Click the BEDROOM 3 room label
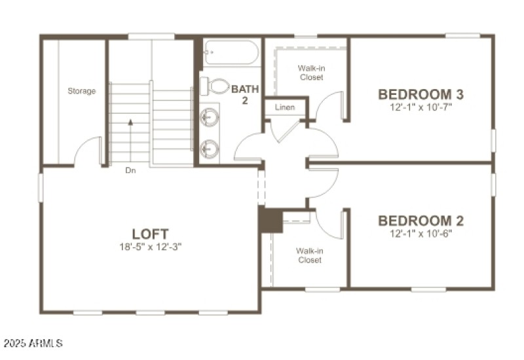tap(424, 94)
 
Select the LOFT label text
tap(150, 234)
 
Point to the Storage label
tap(82, 91)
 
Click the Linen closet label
tap(284, 107)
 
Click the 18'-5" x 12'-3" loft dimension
tap(150, 247)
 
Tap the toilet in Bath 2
tap(215, 86)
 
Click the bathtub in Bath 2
tap(231, 52)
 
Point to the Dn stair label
tap(130, 171)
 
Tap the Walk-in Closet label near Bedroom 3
tap(311, 72)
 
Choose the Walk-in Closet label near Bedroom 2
tap(309, 255)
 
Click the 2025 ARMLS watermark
tap(33, 342)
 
